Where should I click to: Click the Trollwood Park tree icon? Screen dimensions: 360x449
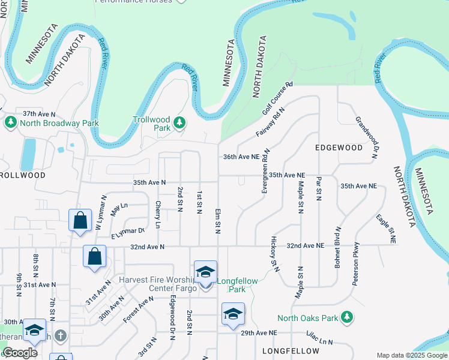point(179,124)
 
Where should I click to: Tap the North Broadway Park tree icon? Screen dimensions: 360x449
point(10,124)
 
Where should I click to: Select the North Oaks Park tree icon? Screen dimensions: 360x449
point(346,316)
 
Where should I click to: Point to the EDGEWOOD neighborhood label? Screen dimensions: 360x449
point(339,147)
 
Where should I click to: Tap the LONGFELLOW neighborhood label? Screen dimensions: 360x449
point(289,350)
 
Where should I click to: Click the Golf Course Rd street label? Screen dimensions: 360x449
point(277,99)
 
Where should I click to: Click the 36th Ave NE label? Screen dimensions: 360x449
point(241,156)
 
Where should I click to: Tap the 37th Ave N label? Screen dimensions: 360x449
point(38,113)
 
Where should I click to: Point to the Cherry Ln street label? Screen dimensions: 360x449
point(158,214)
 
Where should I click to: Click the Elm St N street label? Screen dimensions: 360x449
point(214,219)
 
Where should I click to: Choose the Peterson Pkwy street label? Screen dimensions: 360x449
point(356,263)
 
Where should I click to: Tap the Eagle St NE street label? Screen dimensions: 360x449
point(386,227)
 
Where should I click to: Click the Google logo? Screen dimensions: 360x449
point(20,353)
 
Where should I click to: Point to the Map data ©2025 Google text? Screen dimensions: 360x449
point(411,355)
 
